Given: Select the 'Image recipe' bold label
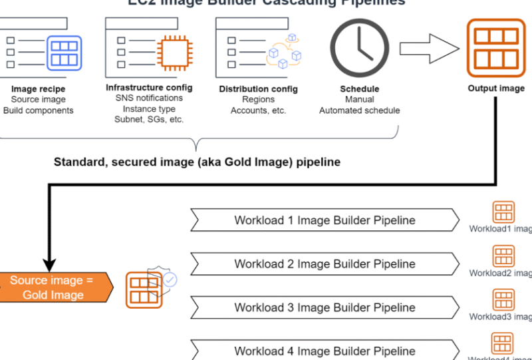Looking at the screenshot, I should tap(38, 89).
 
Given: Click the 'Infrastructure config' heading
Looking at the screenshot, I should tap(149, 87).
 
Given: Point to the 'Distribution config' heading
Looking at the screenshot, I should tap(258, 89).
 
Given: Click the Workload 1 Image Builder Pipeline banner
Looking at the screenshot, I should tap(325, 220).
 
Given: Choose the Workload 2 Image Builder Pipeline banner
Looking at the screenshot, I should tap(325, 264).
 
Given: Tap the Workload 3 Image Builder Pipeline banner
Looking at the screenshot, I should tap(325, 307).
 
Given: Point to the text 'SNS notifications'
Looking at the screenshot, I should tap(149, 98).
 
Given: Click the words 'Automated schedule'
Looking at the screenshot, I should tap(359, 110).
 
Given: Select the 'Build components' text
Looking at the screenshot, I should tap(38, 110).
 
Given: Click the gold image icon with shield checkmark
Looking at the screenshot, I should tap(148, 287).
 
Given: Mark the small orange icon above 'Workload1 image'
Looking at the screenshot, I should tap(503, 212).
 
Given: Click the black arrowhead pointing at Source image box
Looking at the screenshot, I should tap(49, 264).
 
